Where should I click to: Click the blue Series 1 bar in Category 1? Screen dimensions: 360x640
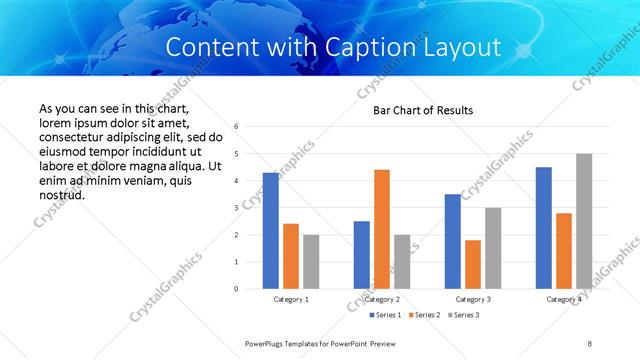pos(271,231)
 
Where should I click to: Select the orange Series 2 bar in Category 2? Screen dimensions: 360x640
pos(382,229)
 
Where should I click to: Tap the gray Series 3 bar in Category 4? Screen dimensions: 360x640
pos(584,221)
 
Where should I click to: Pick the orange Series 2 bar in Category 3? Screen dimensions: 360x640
pos(473,264)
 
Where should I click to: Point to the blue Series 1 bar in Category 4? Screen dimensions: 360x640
pos(544,228)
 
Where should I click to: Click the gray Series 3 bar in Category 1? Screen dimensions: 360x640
pos(311,262)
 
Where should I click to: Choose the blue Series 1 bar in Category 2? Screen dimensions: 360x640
pos(362,255)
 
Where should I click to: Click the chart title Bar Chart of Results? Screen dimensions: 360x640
pos(423,110)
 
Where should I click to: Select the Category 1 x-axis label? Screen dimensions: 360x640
pos(291,299)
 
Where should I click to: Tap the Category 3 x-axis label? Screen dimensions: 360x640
pos(473,299)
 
